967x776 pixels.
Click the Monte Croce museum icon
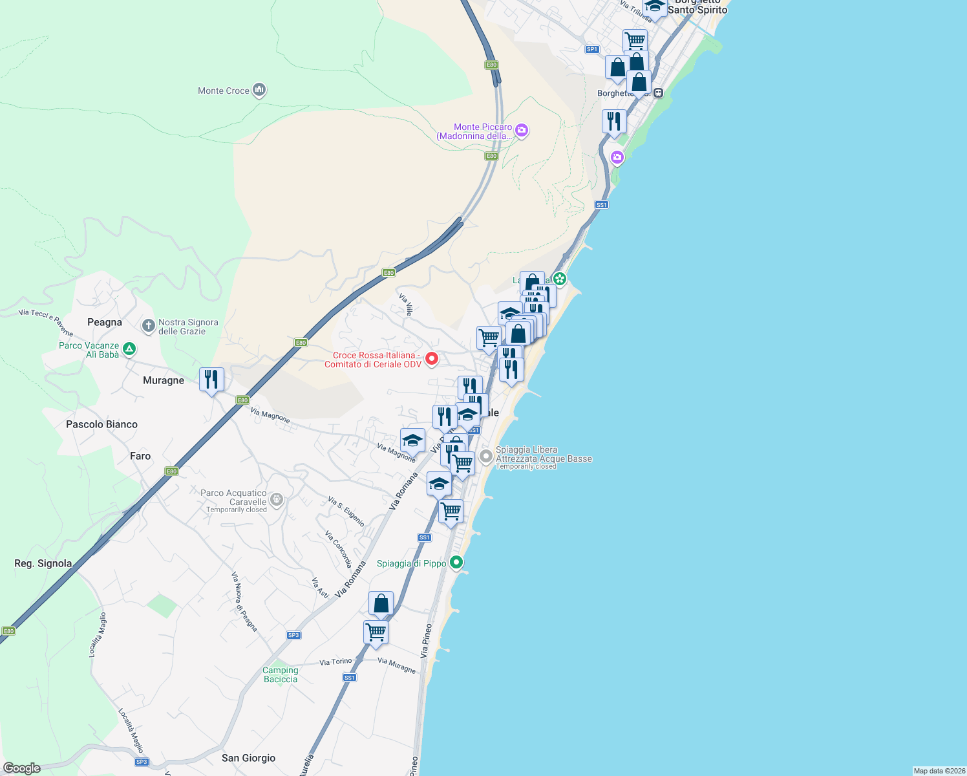point(259,90)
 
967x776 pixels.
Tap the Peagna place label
point(105,322)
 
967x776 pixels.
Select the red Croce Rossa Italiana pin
point(431,358)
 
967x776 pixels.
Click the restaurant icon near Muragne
point(211,380)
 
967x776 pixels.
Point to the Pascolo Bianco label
point(101,424)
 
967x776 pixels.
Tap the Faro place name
point(140,456)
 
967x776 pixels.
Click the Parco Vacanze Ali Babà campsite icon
point(129,349)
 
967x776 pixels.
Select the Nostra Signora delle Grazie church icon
point(148,325)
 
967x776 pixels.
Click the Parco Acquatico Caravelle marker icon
point(277,499)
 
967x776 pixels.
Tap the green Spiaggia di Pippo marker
point(456,563)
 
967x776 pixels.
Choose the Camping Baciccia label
point(281,674)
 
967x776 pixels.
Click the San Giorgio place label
point(248,758)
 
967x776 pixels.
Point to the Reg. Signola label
point(43,563)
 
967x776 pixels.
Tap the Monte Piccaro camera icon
point(522,131)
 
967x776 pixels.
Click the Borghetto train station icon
point(658,93)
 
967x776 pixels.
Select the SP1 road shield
point(591,49)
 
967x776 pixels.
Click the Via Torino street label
point(335,662)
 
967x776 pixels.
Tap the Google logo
point(22,768)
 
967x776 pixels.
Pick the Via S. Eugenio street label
point(346,512)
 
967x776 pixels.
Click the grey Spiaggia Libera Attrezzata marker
point(485,457)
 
